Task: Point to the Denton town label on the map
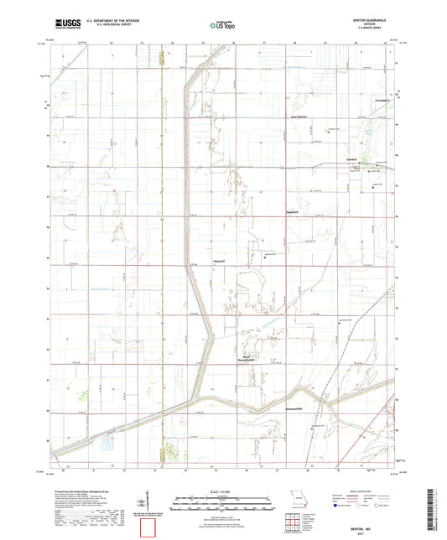click(x=353, y=159)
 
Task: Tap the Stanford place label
click(x=294, y=214)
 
